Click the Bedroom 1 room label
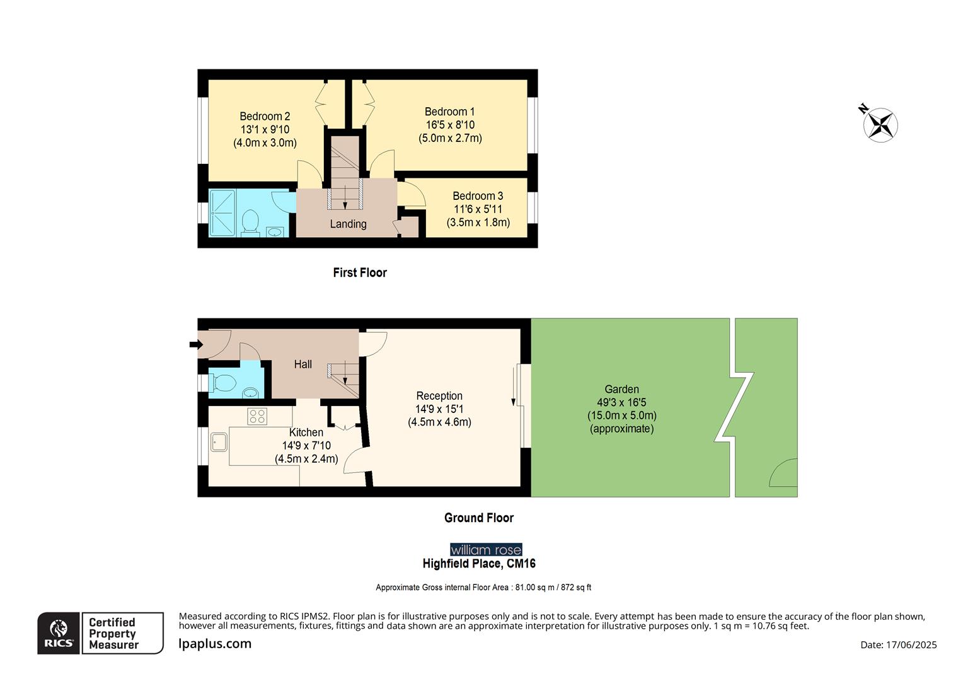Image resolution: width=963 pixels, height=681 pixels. tap(449, 112)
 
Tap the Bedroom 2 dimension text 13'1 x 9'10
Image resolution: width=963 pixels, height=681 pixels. tap(265, 129)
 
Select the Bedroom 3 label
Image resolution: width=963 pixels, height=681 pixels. tap(478, 195)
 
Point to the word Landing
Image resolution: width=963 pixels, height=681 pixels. tap(348, 224)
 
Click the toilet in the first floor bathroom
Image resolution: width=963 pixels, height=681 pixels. tap(250, 221)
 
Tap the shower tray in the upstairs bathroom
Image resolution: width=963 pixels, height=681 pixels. tap(222, 212)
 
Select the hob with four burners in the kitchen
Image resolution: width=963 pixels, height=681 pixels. tap(257, 416)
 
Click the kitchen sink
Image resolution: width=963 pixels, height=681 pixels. tap(219, 442)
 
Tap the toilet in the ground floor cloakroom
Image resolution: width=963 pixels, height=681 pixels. tap(223, 382)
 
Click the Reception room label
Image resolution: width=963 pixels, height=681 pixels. tap(439, 396)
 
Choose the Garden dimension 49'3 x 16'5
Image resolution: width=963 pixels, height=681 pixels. tap(621, 402)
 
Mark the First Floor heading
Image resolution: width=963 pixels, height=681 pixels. tap(360, 272)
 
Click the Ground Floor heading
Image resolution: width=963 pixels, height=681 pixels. tap(479, 518)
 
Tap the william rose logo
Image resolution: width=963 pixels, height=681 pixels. tap(486, 550)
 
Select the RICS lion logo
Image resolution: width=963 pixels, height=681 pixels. tap(59, 632)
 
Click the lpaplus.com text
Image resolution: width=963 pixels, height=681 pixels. tap(215, 644)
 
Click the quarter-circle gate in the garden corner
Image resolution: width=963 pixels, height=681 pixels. tap(784, 474)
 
